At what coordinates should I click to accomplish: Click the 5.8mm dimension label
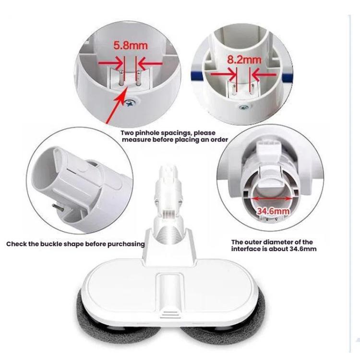click(130, 46)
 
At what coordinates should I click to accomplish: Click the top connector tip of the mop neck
click(168, 170)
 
